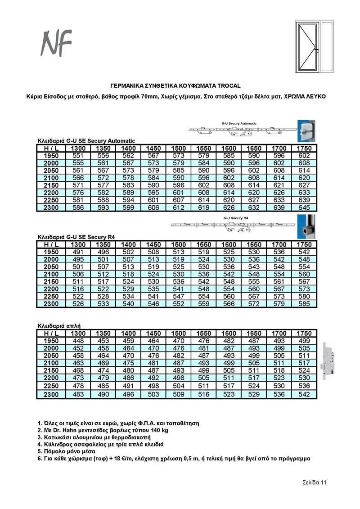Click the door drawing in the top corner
[314, 46]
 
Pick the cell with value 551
[78, 156]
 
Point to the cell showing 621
[279, 185]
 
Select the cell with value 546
[153, 304]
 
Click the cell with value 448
[78, 340]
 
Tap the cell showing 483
[78, 394]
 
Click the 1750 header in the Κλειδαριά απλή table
[304, 333]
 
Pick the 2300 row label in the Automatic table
[51, 207]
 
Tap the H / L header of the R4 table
[51, 244]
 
